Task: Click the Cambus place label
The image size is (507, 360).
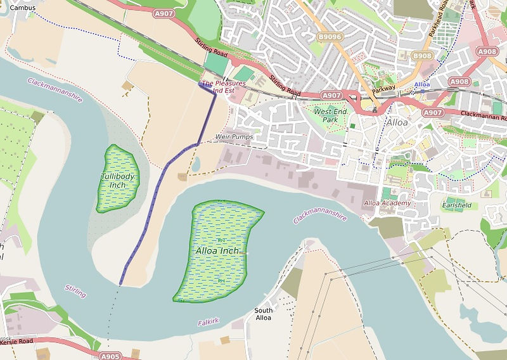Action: [23, 7]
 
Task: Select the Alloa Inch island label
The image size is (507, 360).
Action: [217, 251]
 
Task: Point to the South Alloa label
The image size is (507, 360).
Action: [264, 314]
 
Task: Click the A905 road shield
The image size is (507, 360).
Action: [110, 356]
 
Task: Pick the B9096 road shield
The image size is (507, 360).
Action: [329, 37]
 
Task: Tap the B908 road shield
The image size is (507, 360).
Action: [421, 56]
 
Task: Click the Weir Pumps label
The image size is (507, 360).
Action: [234, 137]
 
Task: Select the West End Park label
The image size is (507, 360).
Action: [331, 115]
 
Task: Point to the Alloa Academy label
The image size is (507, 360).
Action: [387, 203]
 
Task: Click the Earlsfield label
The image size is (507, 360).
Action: [458, 206]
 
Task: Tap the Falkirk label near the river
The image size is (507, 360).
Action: [208, 322]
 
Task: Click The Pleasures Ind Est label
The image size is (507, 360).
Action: [222, 87]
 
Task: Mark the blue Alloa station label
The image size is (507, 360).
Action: [422, 84]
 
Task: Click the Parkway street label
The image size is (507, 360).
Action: [383, 89]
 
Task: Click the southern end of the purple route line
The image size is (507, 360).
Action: [121, 283]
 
